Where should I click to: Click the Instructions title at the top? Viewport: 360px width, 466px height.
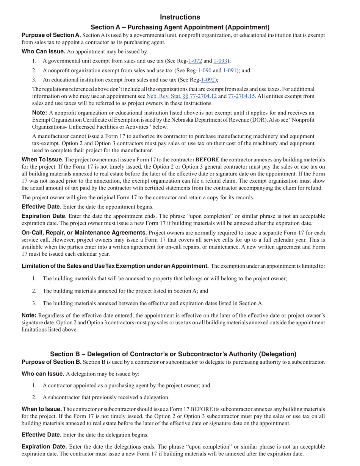pyautogui.click(x=180, y=17)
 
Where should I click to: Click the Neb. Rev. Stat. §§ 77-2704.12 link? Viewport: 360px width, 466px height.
pyautogui.click(x=182, y=96)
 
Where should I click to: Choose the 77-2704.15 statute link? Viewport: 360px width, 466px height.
pyautogui.click(x=241, y=96)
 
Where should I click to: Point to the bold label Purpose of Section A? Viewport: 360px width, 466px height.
pyautogui.click(x=51, y=35)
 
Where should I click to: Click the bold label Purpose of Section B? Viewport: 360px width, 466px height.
pyautogui.click(x=52, y=362)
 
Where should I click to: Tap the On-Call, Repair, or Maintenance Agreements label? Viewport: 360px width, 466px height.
pyautogui.click(x=84, y=233)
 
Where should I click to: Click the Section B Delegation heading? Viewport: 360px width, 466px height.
pyautogui.click(x=173, y=354)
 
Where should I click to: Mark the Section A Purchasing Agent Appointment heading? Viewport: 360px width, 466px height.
pyautogui.click(x=180, y=27)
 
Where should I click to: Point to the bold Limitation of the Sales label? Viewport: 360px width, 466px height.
pyautogui.click(x=115, y=266)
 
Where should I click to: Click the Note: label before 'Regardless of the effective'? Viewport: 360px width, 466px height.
pyautogui.click(x=29, y=315)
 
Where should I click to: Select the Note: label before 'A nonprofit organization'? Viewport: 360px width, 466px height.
pyautogui.click(x=39, y=113)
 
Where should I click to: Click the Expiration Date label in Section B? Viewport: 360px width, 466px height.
pyautogui.click(x=44, y=447)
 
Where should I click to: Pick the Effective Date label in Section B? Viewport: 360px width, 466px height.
pyautogui.click(x=41, y=435)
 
